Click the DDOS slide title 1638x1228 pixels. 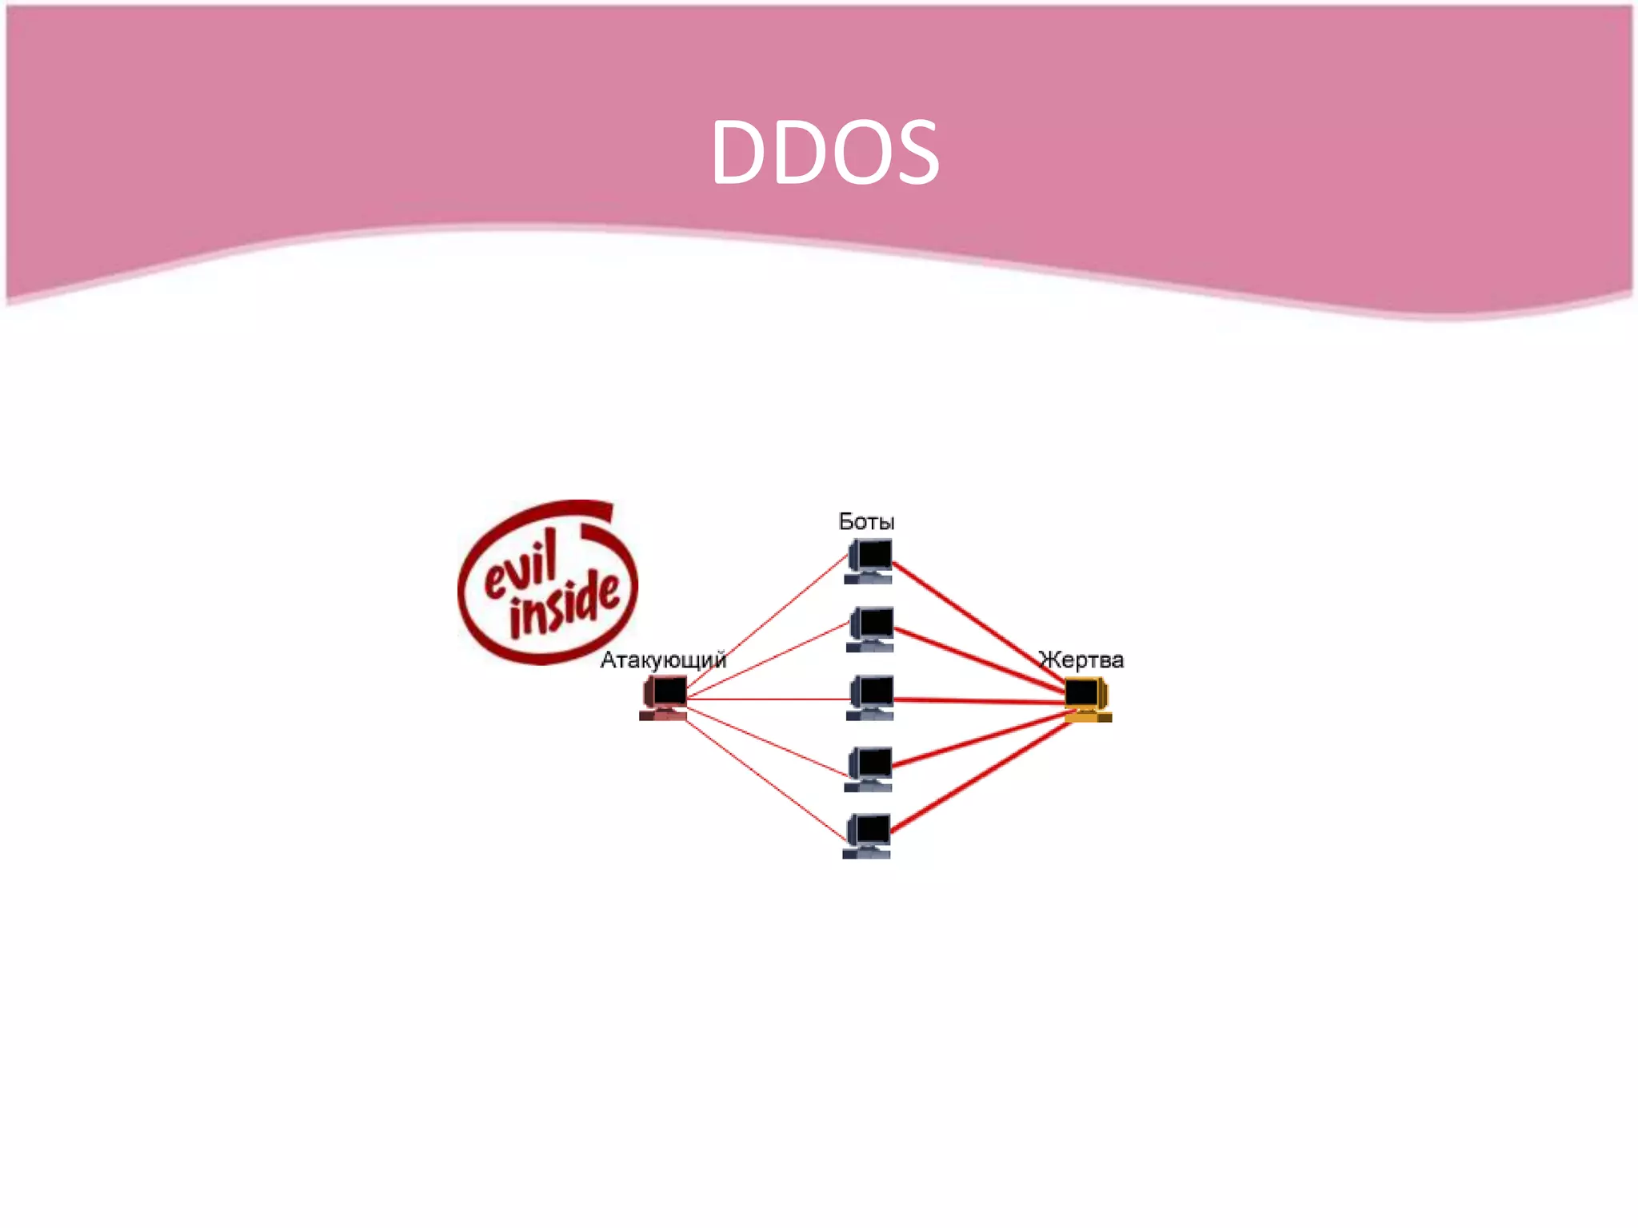pyautogui.click(x=825, y=152)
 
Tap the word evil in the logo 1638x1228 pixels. pyautogui.click(x=521, y=568)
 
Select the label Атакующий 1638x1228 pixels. pyautogui.click(x=663, y=660)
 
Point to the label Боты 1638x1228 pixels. pyautogui.click(x=866, y=522)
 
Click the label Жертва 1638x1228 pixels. pyautogui.click(x=1081, y=660)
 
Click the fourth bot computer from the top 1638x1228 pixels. pyautogui.click(x=869, y=768)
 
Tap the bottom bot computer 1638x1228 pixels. pyautogui.click(x=867, y=835)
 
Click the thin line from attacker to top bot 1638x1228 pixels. pyautogui.click(x=768, y=621)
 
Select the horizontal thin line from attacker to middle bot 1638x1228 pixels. pyautogui.click(x=768, y=699)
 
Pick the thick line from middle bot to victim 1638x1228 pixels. pyautogui.click(x=980, y=701)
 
